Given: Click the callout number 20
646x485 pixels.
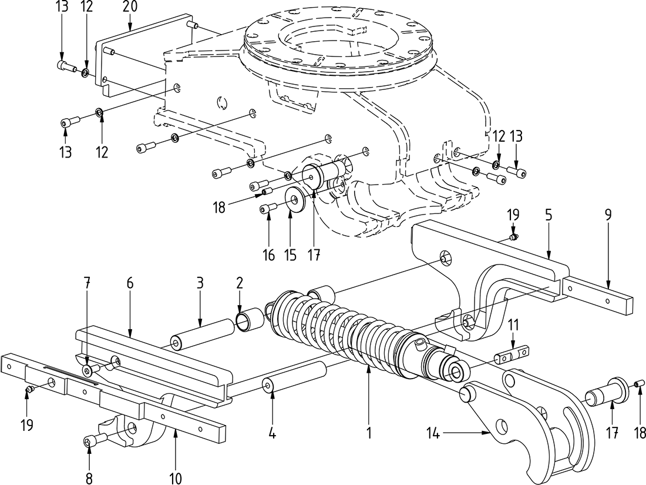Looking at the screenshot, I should pos(130,8).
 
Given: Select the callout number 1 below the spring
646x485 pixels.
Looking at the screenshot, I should pos(369,434).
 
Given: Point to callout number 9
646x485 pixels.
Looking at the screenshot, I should pos(608,215).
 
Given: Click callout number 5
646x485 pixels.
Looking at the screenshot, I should pos(548,215).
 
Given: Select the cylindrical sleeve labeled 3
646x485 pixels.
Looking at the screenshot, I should pos(201,335).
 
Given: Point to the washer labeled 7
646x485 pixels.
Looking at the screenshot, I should pos(88,370).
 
